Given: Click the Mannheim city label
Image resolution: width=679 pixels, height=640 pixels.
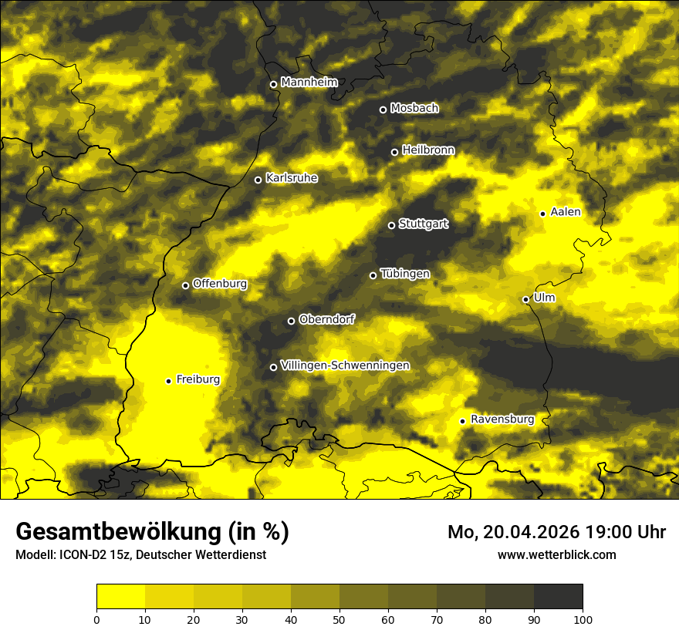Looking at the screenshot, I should pos(309,82).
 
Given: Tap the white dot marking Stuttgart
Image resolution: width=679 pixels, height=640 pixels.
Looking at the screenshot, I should pos(391,225).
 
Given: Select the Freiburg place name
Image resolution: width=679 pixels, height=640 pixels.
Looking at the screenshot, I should pos(198,379).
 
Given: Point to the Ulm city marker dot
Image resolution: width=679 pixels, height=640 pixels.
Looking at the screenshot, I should pos(525,299).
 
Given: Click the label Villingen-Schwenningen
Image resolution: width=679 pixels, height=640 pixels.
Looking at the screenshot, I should pos(345,365).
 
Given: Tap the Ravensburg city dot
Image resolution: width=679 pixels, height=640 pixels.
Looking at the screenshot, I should pos(462,421).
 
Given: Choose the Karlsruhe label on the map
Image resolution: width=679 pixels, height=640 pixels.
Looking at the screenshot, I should pos(291,178).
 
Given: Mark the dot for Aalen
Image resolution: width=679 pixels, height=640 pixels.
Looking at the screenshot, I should pos(542,214).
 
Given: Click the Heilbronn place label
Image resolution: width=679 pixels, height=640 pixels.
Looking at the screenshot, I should pos(428,150).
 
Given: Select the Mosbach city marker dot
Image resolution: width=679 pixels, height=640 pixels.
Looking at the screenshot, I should pos(383,109).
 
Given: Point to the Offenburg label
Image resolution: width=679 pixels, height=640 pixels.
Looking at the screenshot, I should pos(219,284).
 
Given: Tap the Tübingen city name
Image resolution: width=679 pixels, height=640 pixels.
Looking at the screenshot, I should pos(405,274).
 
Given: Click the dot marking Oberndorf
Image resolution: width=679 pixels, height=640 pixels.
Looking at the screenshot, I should pos(291,321).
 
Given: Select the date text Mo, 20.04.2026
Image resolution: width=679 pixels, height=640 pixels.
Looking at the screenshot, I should pos(512,532).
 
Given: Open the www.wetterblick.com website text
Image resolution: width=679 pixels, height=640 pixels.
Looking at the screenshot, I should pos(556,554).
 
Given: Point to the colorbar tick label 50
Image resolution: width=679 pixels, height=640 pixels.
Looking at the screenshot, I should pos(339,619).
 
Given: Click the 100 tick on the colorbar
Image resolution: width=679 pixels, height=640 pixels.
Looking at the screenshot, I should pos(583,619).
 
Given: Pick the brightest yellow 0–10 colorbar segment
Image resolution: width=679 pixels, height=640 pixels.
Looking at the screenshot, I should pos(121,597).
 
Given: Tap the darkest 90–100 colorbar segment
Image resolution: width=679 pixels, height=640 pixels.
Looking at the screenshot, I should pos(558,597).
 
